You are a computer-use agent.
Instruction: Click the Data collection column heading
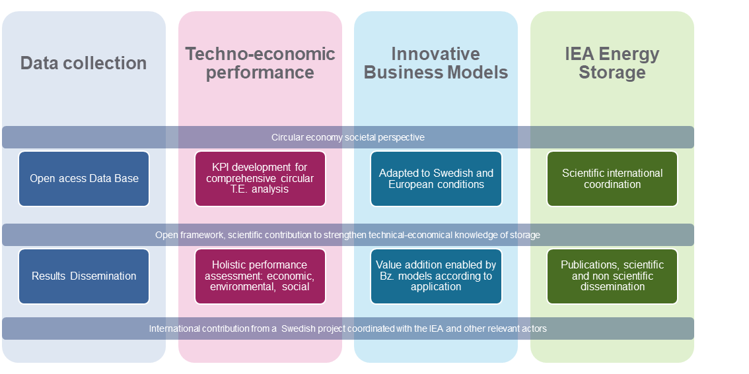[83, 63]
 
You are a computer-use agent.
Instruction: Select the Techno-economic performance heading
[260, 63]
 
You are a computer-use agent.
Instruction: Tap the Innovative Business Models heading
[436, 63]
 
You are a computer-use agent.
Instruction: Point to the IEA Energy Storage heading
[612, 63]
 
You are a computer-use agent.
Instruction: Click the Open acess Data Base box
[84, 179]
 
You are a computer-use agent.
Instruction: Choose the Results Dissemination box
[84, 276]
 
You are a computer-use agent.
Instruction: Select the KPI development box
[260, 178]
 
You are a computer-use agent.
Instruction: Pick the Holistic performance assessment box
[260, 276]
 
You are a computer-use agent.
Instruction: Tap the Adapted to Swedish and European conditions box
[436, 179]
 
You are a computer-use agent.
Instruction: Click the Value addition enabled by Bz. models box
[436, 276]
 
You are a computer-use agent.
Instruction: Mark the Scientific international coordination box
[612, 179]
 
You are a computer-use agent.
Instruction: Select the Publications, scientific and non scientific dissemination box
[612, 276]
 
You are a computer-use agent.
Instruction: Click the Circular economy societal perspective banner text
[347, 137]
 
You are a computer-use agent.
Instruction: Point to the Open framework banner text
[347, 235]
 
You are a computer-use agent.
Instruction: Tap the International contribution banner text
[347, 328]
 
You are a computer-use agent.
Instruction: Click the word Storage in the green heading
[612, 73]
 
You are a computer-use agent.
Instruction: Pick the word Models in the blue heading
[476, 73]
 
